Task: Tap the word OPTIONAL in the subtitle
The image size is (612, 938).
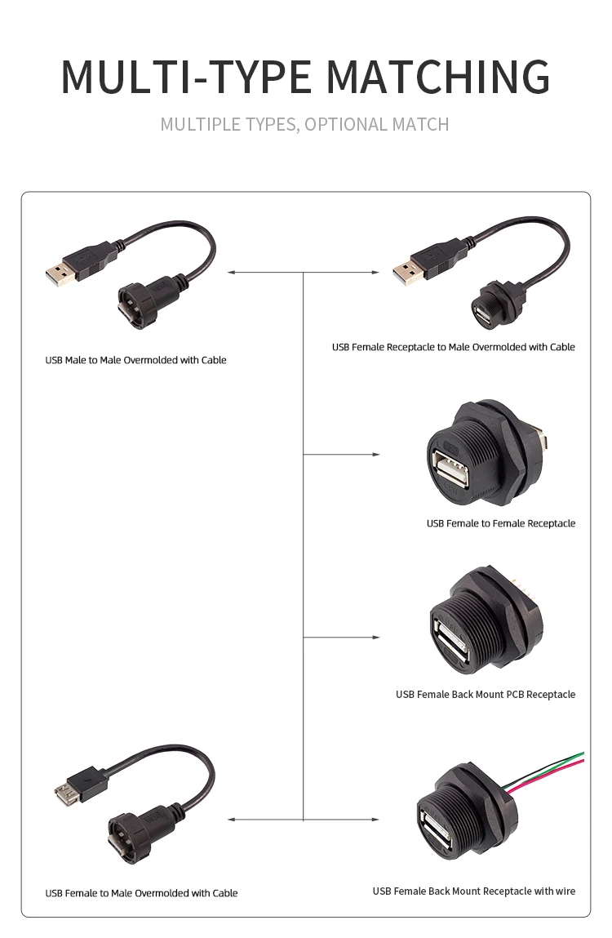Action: pos(346,125)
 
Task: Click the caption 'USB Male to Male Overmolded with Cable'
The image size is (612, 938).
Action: pos(135,360)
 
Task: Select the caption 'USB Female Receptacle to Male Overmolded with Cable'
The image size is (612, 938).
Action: pos(453,347)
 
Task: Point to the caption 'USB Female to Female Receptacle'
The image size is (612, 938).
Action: pos(500,523)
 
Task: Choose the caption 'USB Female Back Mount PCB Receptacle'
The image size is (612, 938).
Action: pos(486,695)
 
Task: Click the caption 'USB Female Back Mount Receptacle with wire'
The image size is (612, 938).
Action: pos(473,891)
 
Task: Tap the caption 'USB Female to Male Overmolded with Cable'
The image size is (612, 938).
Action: pos(141,893)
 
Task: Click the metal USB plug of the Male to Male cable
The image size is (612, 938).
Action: pos(60,273)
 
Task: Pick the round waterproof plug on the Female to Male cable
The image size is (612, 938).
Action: pos(124,837)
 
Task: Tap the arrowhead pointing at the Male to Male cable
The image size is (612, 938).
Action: pos(232,272)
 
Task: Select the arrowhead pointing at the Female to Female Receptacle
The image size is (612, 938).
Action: pos(376,454)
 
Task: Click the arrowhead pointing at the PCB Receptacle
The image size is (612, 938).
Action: pos(376,637)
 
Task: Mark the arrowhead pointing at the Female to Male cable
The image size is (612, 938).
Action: pos(232,819)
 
